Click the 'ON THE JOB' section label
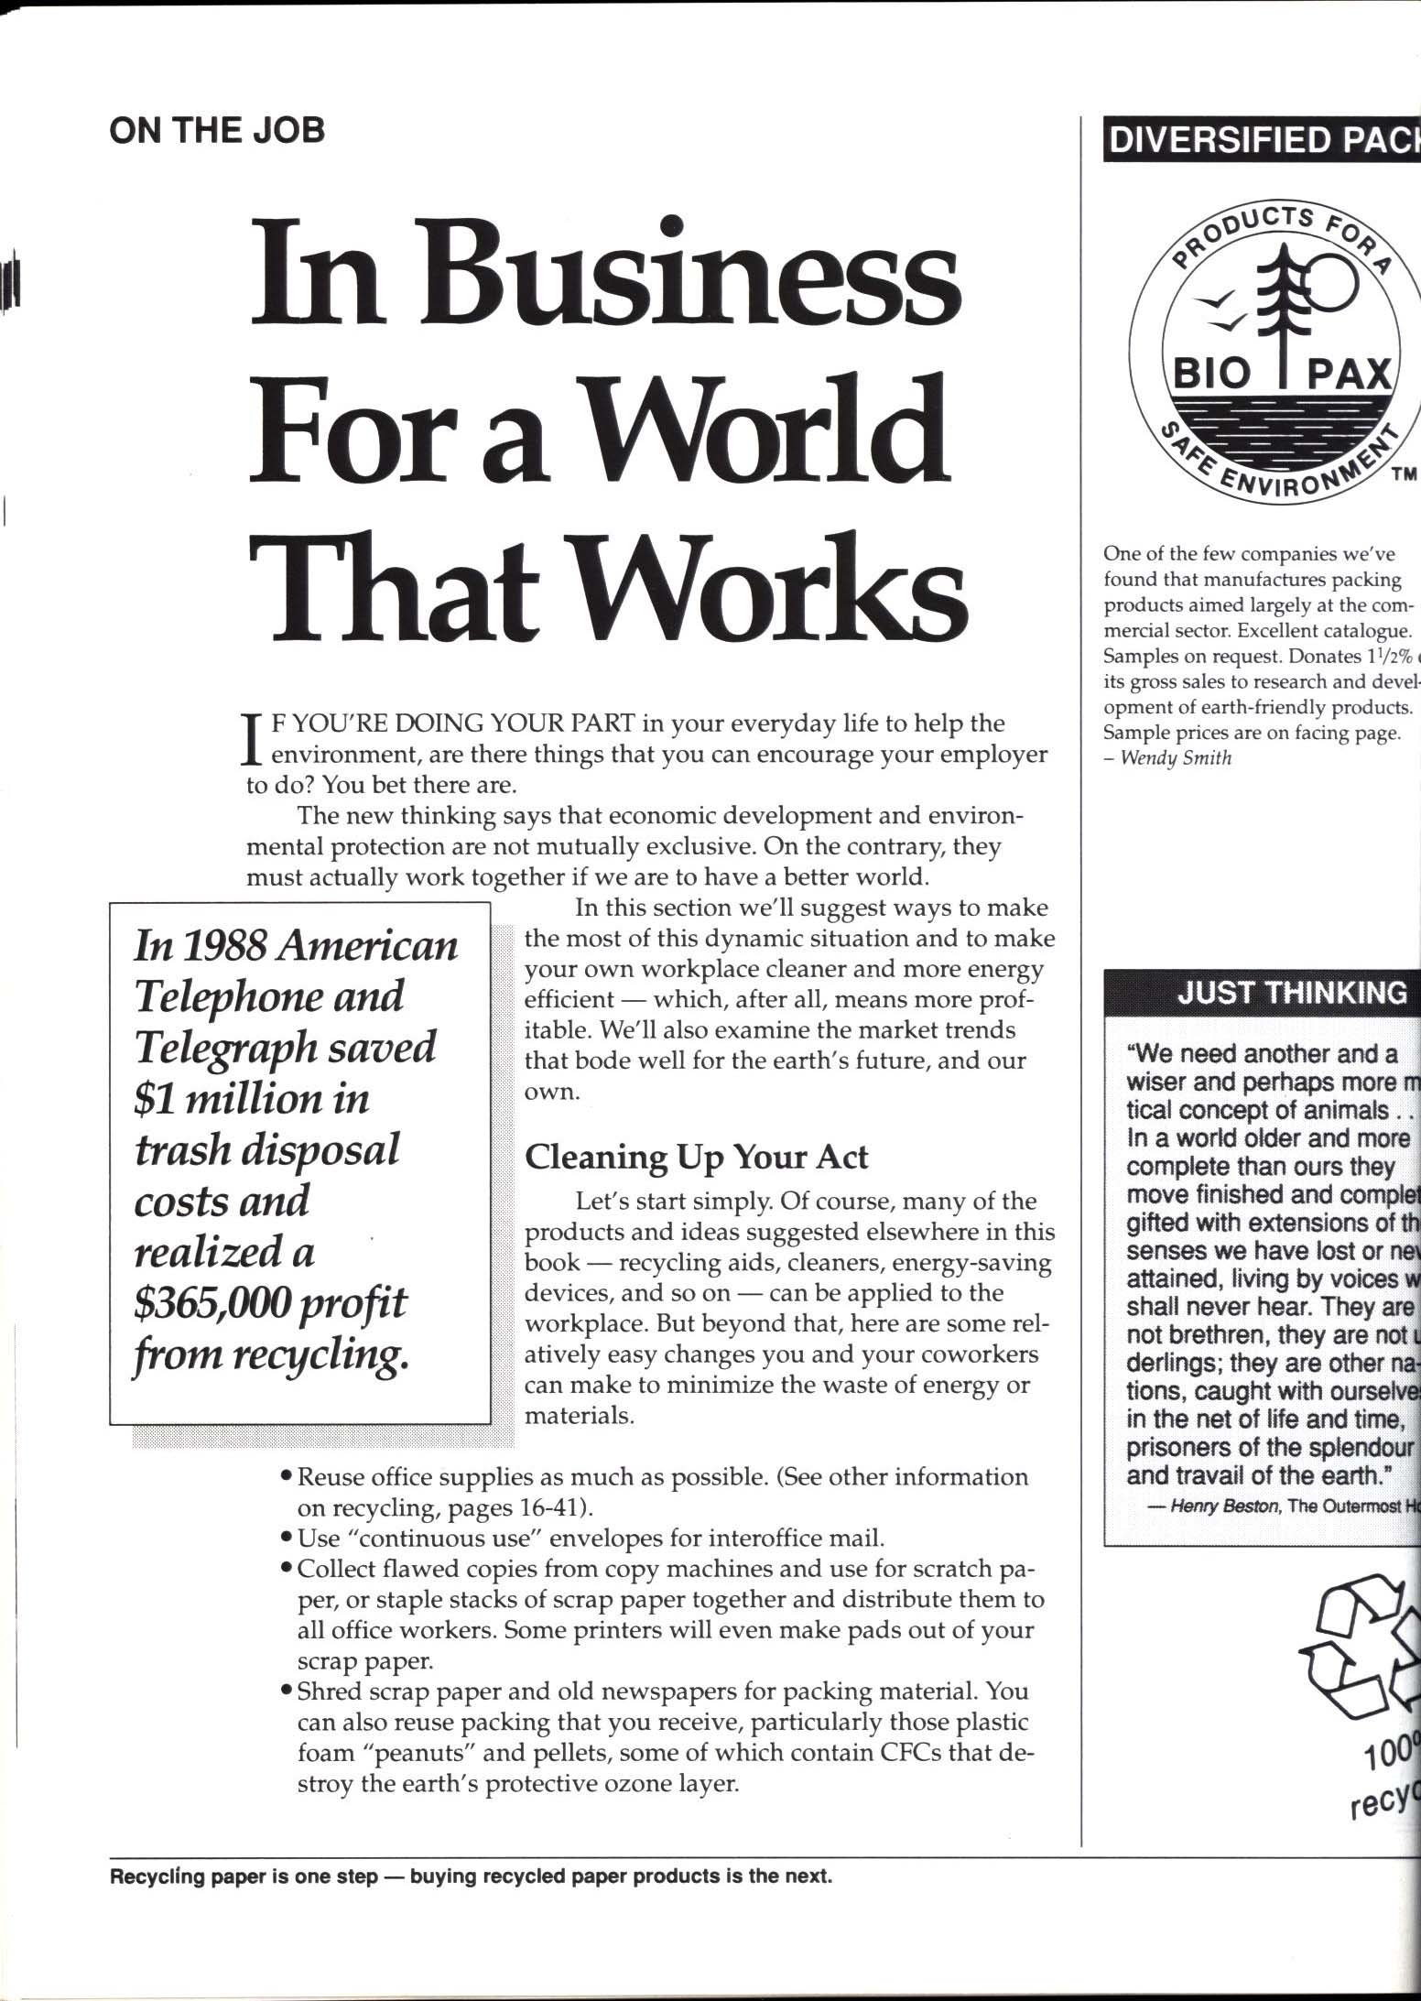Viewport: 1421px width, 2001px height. click(217, 130)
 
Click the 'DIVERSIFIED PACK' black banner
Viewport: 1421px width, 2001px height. click(1262, 139)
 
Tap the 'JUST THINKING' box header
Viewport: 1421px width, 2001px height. click(1291, 994)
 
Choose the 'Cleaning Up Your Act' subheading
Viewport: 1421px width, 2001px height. click(696, 1157)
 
